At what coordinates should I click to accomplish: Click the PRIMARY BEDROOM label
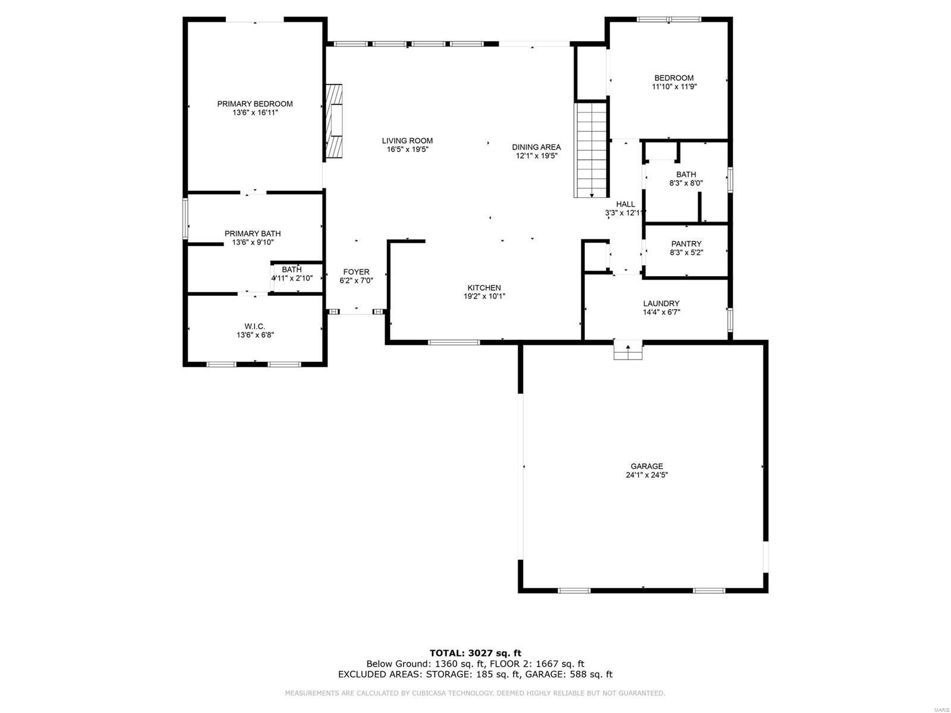click(x=254, y=104)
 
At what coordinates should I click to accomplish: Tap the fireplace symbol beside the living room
click(x=335, y=121)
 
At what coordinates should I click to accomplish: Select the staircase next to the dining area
click(x=591, y=149)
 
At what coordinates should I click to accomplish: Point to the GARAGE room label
click(x=647, y=466)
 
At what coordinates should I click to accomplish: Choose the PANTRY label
click(x=686, y=244)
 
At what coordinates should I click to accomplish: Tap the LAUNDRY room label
click(x=661, y=304)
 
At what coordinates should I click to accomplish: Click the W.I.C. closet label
click(x=254, y=326)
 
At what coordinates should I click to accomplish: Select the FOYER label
click(x=356, y=272)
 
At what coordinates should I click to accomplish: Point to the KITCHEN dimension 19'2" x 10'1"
click(x=484, y=296)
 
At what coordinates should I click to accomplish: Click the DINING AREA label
click(x=536, y=147)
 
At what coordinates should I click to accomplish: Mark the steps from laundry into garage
click(x=628, y=351)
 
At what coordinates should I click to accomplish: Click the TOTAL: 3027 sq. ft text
click(x=475, y=653)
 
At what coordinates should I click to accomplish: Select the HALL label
click(x=625, y=204)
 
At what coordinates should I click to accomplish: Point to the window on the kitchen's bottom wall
click(x=454, y=342)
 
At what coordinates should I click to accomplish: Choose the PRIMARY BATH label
click(x=253, y=234)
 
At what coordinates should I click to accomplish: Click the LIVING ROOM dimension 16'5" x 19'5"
click(x=407, y=150)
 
